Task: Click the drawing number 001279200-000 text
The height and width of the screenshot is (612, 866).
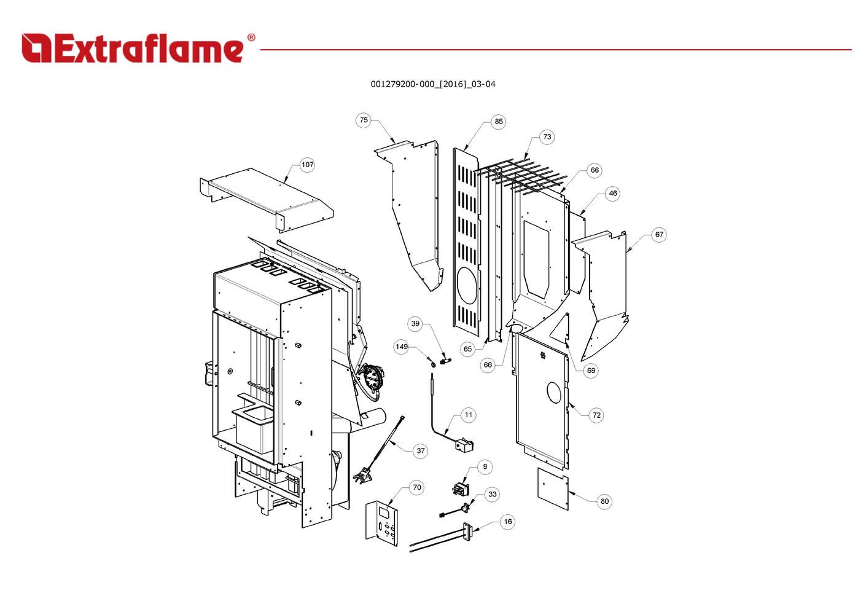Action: tap(432, 84)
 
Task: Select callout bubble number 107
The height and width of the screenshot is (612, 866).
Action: tap(307, 165)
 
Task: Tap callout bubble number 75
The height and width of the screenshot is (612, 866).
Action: tap(364, 120)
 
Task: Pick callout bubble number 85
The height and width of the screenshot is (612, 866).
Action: tap(499, 122)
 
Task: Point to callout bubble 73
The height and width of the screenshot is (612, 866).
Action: tap(547, 137)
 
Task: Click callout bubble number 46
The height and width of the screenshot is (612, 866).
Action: tap(612, 194)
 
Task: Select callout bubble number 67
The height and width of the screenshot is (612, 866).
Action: tap(659, 235)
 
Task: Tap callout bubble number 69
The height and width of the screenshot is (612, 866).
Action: tap(591, 371)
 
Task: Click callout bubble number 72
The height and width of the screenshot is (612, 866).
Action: tap(596, 415)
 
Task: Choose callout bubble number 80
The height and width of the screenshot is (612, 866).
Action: tap(604, 501)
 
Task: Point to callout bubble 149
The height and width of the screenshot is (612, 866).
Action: tap(402, 347)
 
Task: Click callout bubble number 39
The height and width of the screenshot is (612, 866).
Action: tap(416, 324)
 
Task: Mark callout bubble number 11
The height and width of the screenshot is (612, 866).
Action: tap(469, 415)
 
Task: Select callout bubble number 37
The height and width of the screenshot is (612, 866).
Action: tap(421, 450)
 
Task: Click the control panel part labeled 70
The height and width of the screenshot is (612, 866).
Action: tap(382, 522)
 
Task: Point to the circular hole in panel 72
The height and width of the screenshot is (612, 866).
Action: tap(553, 392)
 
